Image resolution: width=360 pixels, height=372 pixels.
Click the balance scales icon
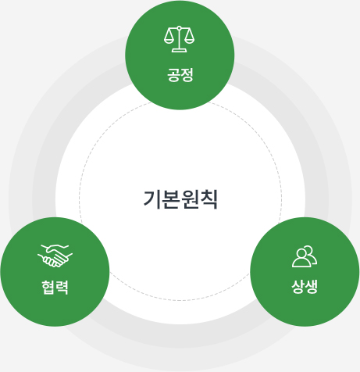coord(179,39)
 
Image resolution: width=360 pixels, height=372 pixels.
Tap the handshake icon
coord(55,256)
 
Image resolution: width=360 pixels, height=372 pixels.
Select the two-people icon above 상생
coord(305,256)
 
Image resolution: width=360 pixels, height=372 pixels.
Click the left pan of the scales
coord(169,40)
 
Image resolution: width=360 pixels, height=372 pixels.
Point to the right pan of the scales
coord(189,40)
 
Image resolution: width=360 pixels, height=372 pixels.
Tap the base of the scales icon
coord(179,51)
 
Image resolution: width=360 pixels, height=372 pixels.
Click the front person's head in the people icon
coord(301,253)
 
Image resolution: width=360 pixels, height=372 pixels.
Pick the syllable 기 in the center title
coord(152,199)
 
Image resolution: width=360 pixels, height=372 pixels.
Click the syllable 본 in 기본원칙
coord(171,199)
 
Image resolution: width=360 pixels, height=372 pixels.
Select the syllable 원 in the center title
coord(190,199)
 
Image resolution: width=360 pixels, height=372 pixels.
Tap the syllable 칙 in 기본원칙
coord(209,199)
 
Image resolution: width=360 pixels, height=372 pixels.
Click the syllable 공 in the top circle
coord(173,75)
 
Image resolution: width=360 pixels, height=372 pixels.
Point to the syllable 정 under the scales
coord(187,75)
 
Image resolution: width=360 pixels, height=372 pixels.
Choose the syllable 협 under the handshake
coord(48,288)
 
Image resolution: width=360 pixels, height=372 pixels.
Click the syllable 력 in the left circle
coord(62,288)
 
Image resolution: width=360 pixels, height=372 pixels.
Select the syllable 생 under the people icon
coord(312,287)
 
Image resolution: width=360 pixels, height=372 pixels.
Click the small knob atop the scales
coord(179,27)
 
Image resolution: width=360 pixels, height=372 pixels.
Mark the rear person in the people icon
coord(312,255)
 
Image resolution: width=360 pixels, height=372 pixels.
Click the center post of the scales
coord(179,39)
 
